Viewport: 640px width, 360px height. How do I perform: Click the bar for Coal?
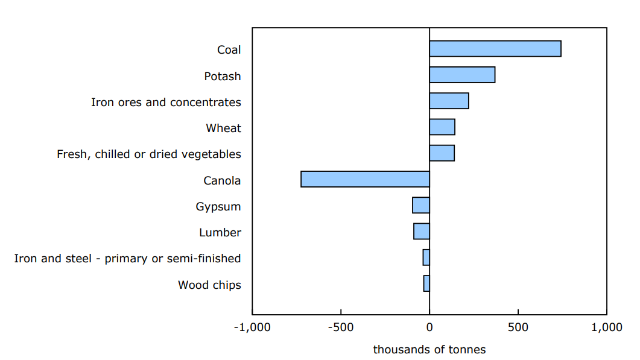point(495,49)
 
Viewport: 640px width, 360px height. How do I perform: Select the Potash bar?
point(462,75)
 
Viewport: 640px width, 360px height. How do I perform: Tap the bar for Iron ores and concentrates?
point(449,101)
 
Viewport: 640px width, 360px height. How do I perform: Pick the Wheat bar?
point(442,127)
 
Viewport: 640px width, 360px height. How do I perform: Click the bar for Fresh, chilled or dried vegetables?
point(442,153)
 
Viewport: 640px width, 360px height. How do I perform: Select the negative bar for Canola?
point(365,179)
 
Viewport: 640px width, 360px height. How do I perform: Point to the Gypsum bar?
point(421,205)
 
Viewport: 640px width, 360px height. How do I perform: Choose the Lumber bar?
point(422,231)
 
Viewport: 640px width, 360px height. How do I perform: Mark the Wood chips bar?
point(426,283)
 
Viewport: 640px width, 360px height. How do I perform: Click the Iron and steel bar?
point(426,257)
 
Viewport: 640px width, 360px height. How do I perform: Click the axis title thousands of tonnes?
point(429,350)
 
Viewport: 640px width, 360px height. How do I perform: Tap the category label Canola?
point(222,180)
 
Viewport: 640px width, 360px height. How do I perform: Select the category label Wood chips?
point(209,285)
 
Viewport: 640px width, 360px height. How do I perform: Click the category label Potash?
point(222,76)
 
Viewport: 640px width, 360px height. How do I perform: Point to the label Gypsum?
point(218,206)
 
